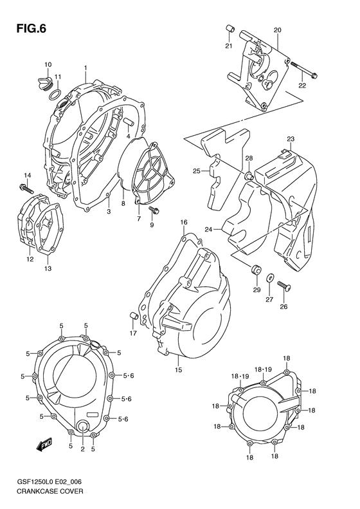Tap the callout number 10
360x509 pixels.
point(48,65)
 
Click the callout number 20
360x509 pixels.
point(277,30)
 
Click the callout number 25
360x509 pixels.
point(197,171)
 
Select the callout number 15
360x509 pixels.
point(179,370)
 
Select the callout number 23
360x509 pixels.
point(291,139)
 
